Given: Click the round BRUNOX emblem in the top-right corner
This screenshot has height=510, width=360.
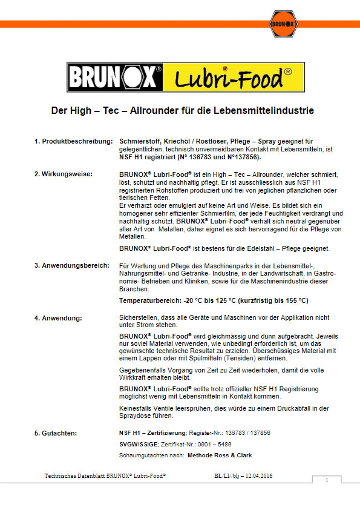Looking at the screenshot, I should tap(278, 25).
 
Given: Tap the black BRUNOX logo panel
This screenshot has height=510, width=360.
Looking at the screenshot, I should tap(114, 78).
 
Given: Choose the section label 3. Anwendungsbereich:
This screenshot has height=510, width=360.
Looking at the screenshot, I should tap(72, 265).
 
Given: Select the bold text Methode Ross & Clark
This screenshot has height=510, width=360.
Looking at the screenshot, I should tap(220, 455).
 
